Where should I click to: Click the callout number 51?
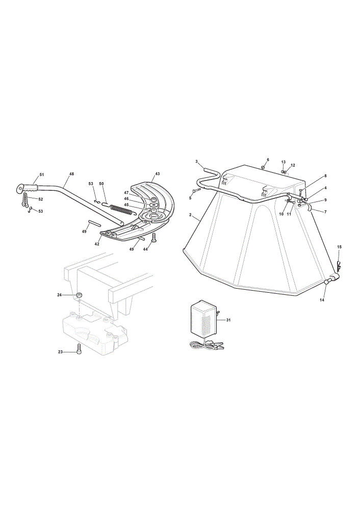click(x=42, y=174)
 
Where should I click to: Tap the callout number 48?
click(x=71, y=174)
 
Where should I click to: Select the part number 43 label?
click(x=158, y=174)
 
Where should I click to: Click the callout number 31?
click(x=228, y=320)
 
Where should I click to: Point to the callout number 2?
click(x=190, y=215)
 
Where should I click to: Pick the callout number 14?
click(x=322, y=300)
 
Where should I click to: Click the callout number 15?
click(x=339, y=247)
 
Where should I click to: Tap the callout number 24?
click(x=60, y=295)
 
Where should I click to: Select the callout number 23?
click(x=60, y=352)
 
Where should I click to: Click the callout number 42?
click(x=97, y=244)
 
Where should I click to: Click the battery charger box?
click(x=203, y=319)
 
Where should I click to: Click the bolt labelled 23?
click(x=79, y=349)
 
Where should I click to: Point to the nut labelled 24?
click(x=79, y=295)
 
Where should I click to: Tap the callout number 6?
click(x=268, y=160)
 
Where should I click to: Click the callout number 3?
click(x=196, y=161)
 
